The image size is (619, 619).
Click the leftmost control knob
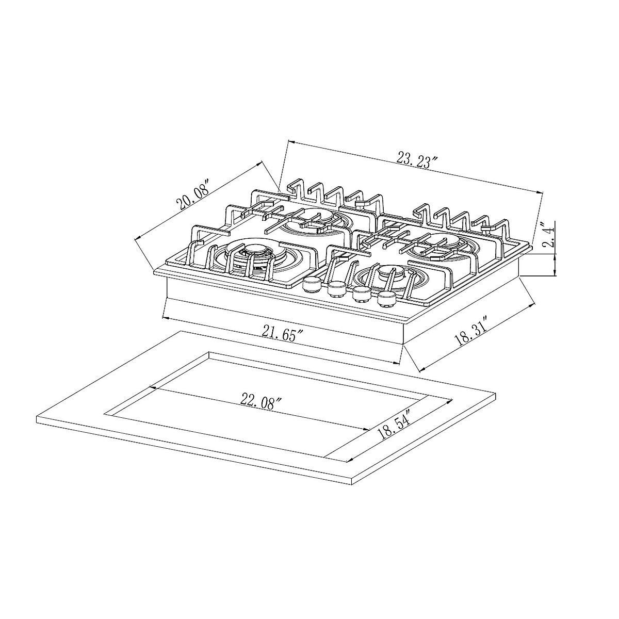[311, 284]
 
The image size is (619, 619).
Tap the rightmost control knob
[386, 299]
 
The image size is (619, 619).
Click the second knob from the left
[336, 289]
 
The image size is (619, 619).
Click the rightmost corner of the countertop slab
[496, 396]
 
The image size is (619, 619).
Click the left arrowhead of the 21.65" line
[164, 316]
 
